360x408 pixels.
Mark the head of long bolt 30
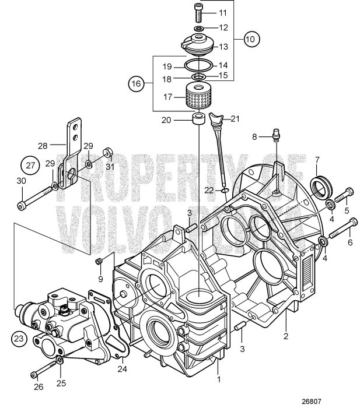[22, 205]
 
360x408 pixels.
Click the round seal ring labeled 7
[321, 185]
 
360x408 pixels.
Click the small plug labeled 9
[99, 260]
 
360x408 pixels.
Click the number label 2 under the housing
[286, 336]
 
